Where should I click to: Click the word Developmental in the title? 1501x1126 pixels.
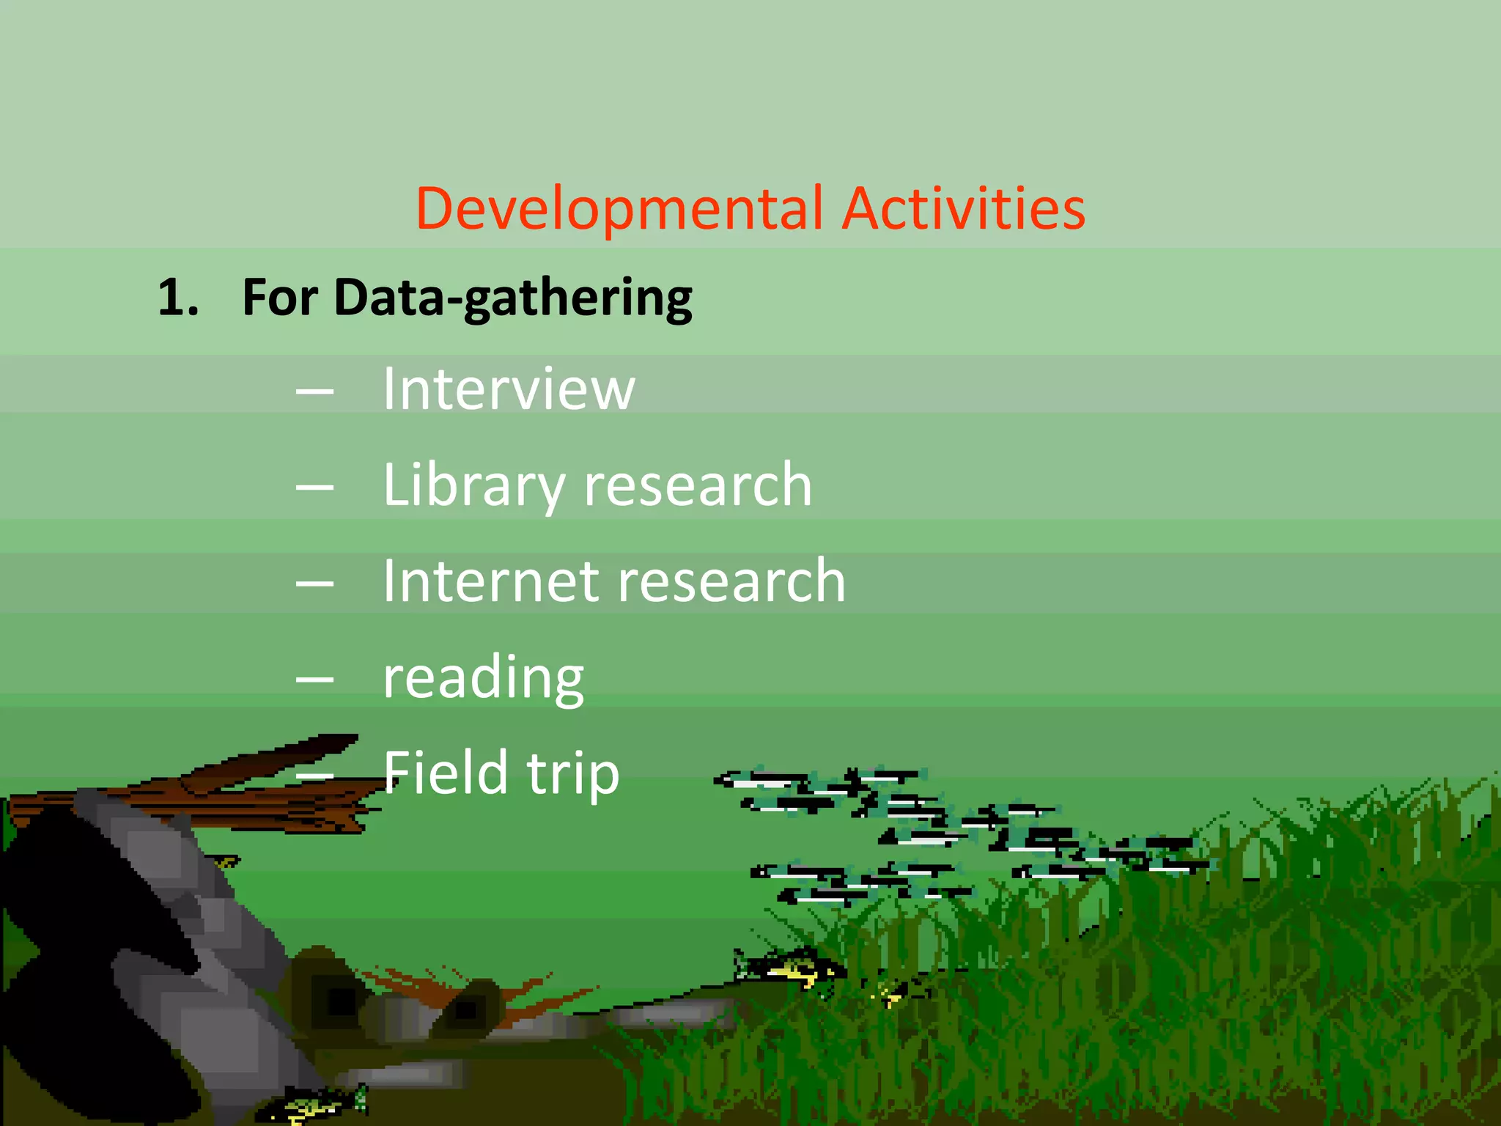coord(619,210)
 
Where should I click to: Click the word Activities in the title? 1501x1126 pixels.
coord(963,208)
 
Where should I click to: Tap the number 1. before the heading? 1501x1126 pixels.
coord(178,298)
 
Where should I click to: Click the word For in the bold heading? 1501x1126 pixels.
coord(280,298)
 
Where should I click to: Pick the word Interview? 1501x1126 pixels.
coord(509,389)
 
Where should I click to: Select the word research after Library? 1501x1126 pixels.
coord(698,485)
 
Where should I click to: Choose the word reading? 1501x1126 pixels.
coord(484,678)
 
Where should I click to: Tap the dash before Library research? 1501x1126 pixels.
coord(315,487)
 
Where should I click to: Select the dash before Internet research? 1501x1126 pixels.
coord(315,584)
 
